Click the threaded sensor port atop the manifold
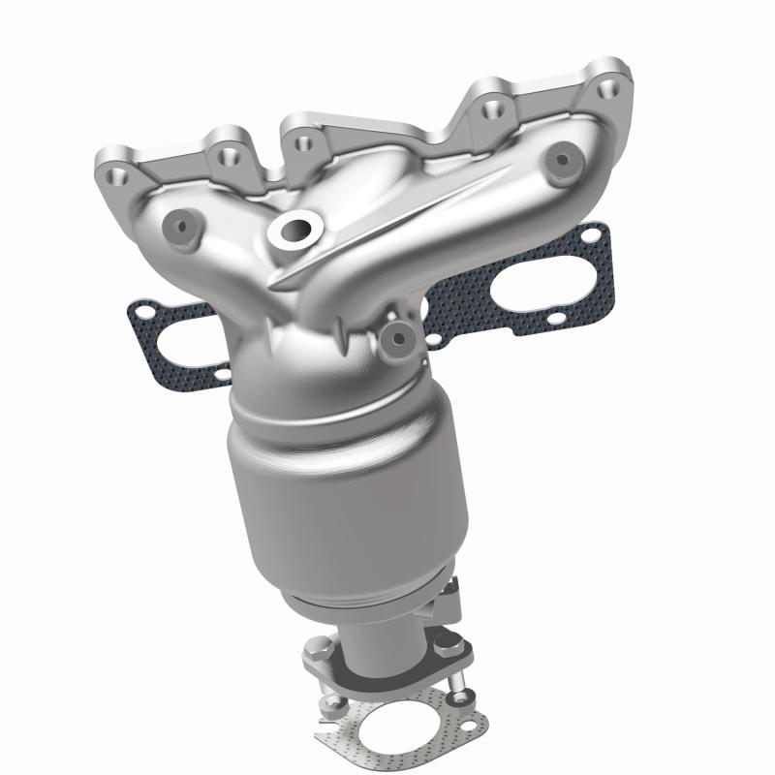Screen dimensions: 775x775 coord(294,231)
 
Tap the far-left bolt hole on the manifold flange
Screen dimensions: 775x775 coord(117,175)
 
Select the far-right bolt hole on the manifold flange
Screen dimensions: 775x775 coord(609,89)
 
